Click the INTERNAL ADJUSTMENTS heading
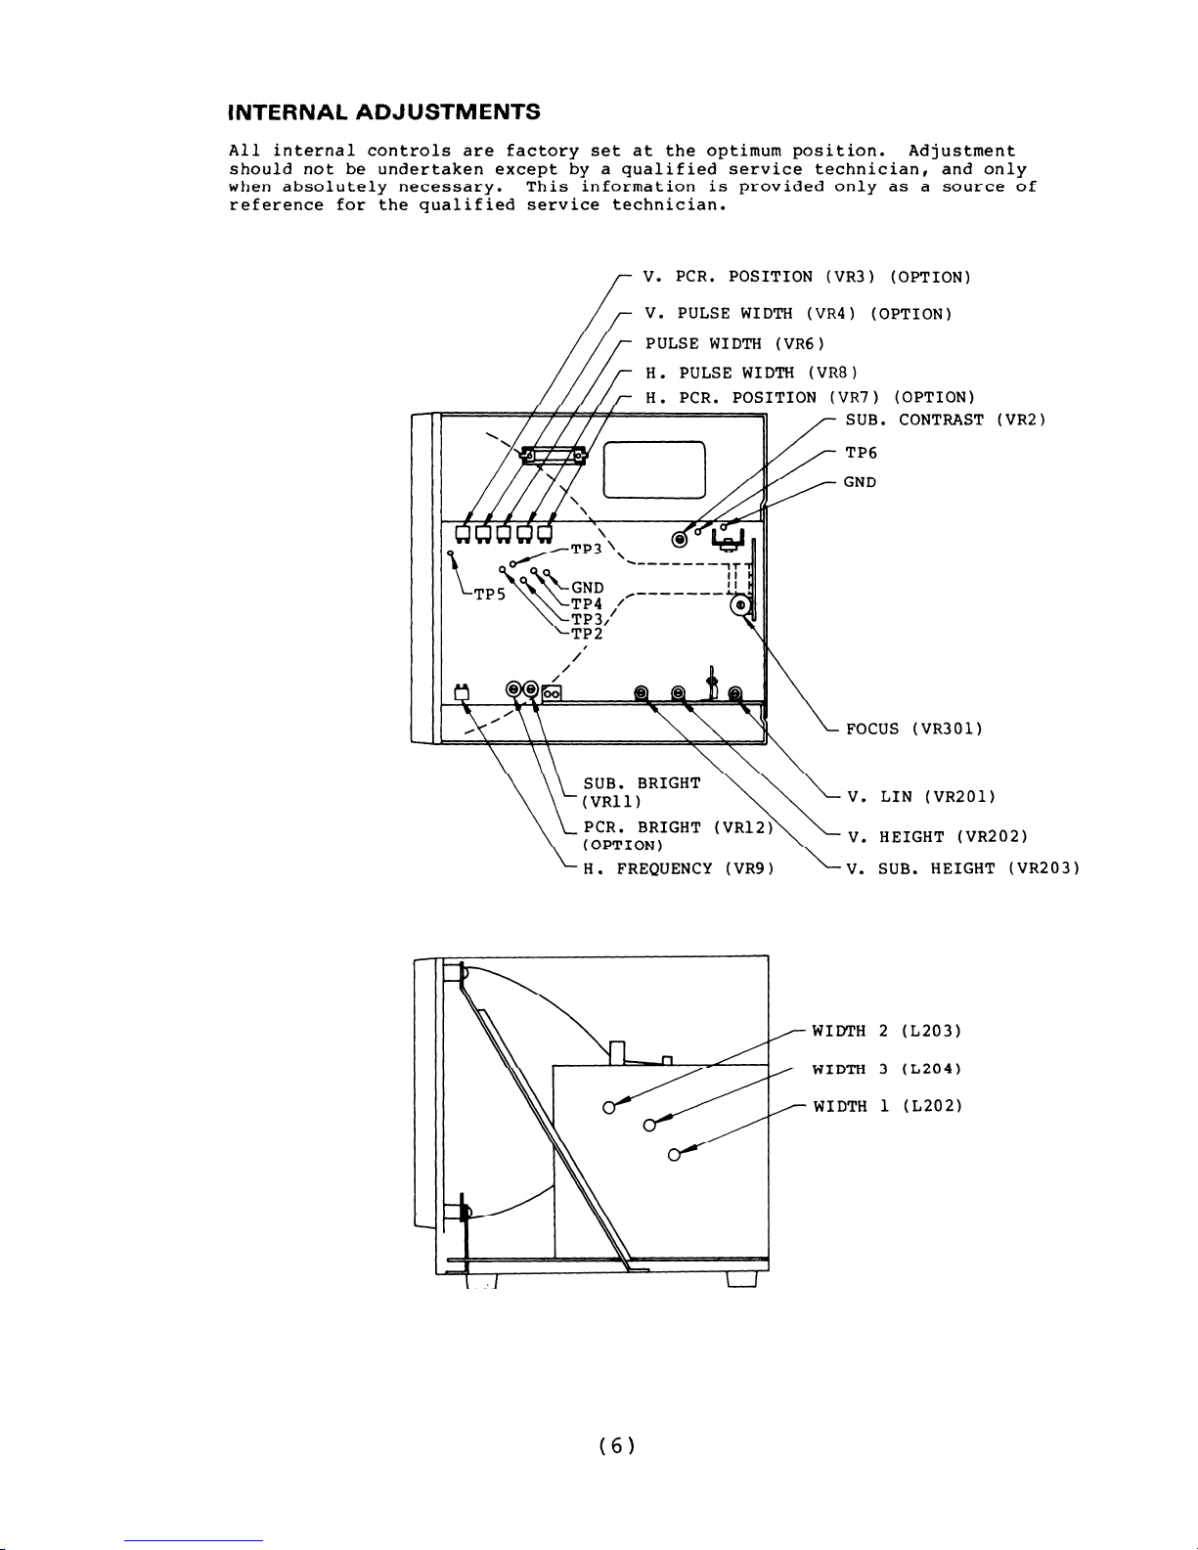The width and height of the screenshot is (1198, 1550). (383, 111)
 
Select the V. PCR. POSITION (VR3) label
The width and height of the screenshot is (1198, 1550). (807, 277)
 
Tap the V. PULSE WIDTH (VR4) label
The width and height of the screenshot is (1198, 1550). (798, 314)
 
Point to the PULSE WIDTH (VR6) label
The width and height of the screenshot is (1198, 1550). (735, 343)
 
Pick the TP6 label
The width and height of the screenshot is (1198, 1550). (862, 453)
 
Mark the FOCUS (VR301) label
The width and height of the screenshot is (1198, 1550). (913, 729)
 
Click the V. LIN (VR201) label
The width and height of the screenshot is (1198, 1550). (922, 797)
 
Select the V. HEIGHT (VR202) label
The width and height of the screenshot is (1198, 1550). (937, 837)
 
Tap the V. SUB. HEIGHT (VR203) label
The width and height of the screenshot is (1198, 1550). (963, 868)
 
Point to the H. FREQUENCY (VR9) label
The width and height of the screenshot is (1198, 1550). (679, 868)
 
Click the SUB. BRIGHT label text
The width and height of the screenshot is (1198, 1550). (642, 783)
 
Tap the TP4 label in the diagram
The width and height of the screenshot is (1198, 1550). (587, 603)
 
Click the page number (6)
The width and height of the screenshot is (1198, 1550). (617, 1445)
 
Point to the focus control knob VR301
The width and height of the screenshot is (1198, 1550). (740, 605)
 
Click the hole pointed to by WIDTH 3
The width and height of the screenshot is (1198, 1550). (648, 1126)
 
